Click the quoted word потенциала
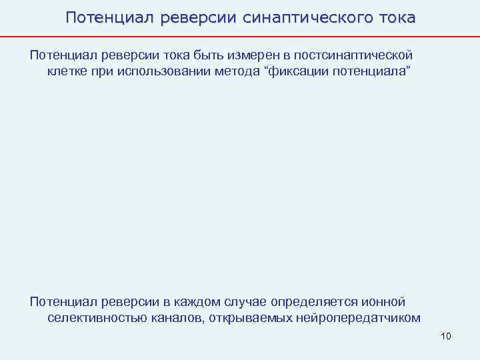coord(377,71)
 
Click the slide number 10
coord(446,335)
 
